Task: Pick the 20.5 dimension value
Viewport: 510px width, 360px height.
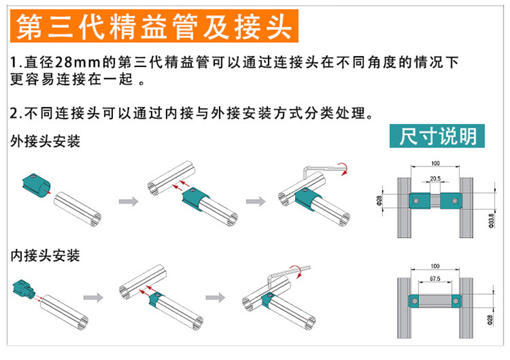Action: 435,179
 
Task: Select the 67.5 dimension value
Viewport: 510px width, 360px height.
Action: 434,279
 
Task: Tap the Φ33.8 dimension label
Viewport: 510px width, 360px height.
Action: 492,219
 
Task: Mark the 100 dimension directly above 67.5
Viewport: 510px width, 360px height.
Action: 434,265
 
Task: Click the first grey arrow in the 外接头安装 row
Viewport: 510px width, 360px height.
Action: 129,201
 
